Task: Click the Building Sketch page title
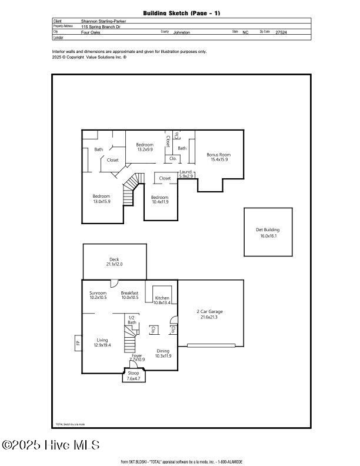pos(181,13)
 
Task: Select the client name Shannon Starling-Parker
pos(104,21)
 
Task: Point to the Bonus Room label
pos(217,155)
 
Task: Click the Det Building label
pos(268,230)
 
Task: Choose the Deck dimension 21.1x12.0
pos(114,264)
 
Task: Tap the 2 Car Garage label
pos(209,311)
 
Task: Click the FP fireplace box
pos(76,341)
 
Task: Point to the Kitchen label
pos(162,298)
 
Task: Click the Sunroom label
pos(98,292)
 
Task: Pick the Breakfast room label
pos(129,292)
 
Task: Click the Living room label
pos(102,340)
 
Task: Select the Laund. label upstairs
pos(186,171)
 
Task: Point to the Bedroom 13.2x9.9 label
pos(145,145)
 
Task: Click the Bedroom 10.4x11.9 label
pos(159,198)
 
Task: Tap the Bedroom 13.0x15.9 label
pos(101,196)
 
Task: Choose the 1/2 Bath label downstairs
pos(132,320)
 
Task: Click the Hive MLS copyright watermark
pos(51,445)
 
